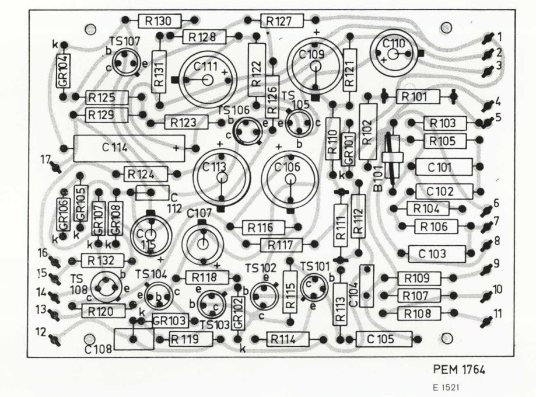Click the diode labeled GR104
pyautogui.click(x=63, y=70)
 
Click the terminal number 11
pyautogui.click(x=497, y=313)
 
